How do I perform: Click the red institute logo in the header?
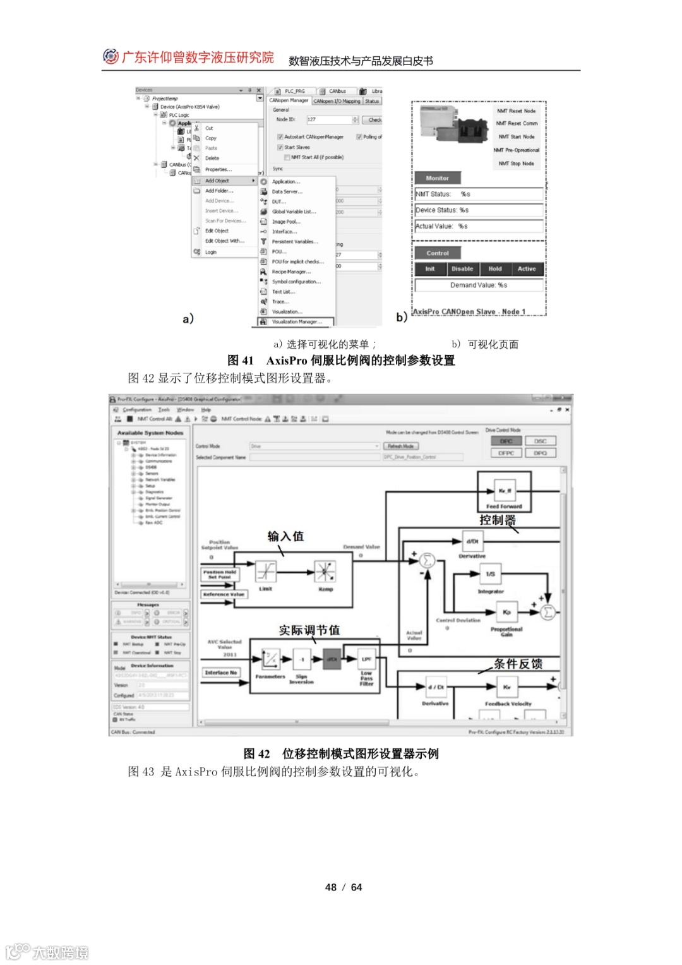tap(111, 57)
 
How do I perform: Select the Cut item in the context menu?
tap(209, 128)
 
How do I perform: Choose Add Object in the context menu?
tap(217, 181)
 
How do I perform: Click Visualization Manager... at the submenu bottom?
tap(296, 322)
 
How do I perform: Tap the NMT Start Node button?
tap(516, 137)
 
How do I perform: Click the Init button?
tap(430, 269)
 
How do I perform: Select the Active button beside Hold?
tap(527, 269)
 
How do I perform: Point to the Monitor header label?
tap(438, 178)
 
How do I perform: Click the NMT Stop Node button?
tap(516, 164)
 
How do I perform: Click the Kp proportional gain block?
tap(506, 612)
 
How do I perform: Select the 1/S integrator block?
tap(490, 574)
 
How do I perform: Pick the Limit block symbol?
tap(266, 572)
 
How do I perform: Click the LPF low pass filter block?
tap(366, 659)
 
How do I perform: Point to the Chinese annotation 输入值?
tap(285, 536)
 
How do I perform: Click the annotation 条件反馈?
tap(518, 664)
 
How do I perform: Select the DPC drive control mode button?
tap(506, 441)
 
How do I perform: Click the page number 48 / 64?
tap(344, 887)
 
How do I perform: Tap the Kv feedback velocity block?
tap(507, 687)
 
